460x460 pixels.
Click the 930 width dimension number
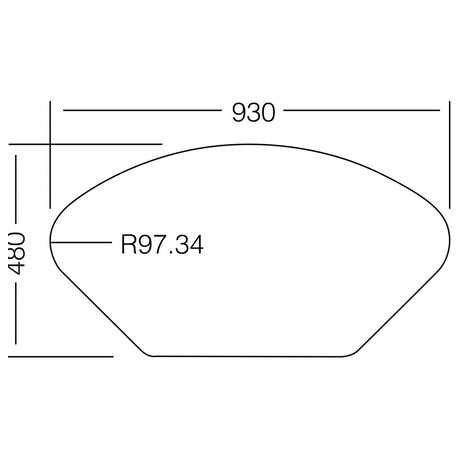click(254, 113)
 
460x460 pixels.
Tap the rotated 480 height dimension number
click(17, 253)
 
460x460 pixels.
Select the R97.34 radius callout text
click(162, 245)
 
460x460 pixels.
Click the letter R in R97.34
click(128, 245)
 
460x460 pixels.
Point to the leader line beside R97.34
click(81, 242)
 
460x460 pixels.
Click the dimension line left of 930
click(142, 110)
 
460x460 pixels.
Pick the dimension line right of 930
click(362, 110)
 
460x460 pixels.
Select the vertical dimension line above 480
click(16, 189)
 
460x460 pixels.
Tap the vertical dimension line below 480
click(16, 313)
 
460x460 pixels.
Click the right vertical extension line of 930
click(450, 155)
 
